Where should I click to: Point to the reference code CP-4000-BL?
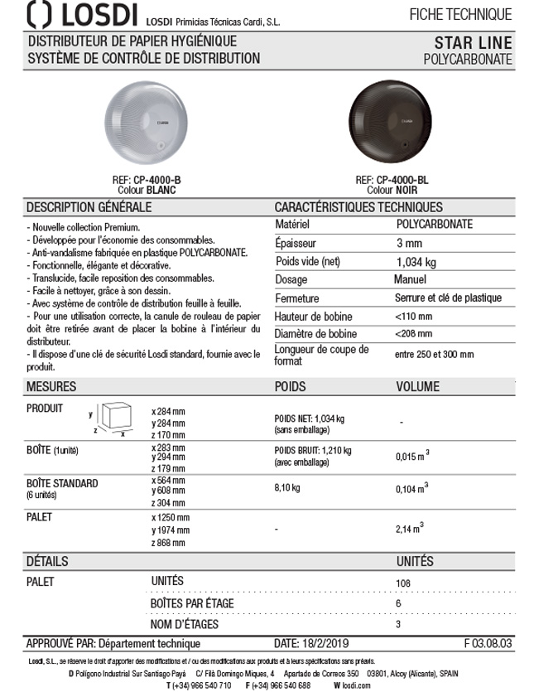coord(403,180)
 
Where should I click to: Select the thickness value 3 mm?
coord(409,243)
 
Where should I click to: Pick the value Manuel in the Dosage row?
coord(410,279)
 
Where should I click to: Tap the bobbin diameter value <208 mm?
coord(414,334)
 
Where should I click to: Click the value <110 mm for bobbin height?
coord(414,317)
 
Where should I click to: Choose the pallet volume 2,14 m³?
coord(411,526)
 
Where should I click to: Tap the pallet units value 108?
coord(403,583)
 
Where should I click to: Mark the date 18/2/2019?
coord(331,644)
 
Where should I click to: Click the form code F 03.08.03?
coord(488,644)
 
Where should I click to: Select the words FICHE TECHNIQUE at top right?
coord(460,14)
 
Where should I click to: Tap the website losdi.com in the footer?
coord(349,685)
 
